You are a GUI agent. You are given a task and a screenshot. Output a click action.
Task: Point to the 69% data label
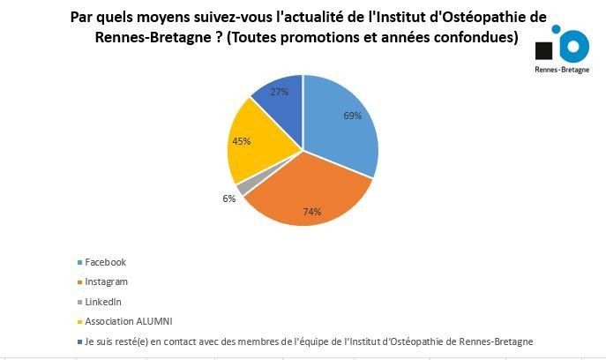click(x=352, y=116)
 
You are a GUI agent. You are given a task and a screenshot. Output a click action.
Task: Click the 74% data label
click(x=311, y=212)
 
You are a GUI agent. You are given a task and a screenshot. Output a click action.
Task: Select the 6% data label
click(x=229, y=199)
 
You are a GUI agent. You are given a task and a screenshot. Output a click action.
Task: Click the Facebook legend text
click(x=105, y=262)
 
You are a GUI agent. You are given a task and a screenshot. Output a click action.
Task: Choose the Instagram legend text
click(x=106, y=281)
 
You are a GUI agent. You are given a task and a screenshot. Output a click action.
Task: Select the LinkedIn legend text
click(x=103, y=301)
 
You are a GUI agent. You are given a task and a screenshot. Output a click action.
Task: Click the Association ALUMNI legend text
click(x=123, y=320)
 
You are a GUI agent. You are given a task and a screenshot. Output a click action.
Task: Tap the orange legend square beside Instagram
click(x=79, y=281)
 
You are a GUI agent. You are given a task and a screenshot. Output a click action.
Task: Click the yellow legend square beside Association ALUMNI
click(x=79, y=320)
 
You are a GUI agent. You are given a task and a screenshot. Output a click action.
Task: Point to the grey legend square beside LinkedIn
click(x=79, y=301)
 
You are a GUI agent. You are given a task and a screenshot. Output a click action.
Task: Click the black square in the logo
click(x=545, y=49)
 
